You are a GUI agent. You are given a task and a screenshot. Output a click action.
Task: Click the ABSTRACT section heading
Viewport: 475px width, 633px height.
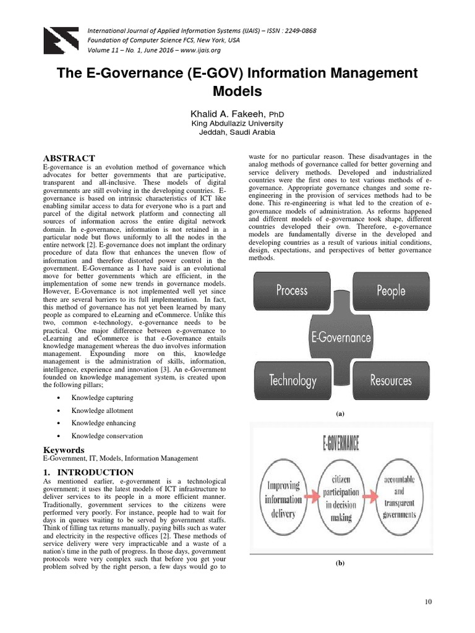point(69,159)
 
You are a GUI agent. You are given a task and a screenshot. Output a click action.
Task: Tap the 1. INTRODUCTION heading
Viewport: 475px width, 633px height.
point(80,472)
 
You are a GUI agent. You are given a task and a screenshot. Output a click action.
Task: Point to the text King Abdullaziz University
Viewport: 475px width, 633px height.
point(237,124)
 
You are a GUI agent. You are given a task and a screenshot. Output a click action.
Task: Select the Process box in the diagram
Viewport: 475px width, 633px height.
point(291,291)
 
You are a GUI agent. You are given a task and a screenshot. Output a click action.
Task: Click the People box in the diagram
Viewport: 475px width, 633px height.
point(391,291)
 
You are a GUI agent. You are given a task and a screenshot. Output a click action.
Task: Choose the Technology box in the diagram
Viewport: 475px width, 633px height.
point(291,380)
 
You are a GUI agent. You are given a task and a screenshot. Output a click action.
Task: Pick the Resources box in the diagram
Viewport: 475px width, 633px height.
point(391,380)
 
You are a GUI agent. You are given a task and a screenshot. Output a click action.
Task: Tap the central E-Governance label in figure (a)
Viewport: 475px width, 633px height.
point(341,337)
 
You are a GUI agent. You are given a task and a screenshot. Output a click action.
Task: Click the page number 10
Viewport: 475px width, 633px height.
point(429,602)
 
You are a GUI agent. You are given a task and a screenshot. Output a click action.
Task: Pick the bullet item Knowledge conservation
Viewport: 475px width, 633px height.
point(103,436)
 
